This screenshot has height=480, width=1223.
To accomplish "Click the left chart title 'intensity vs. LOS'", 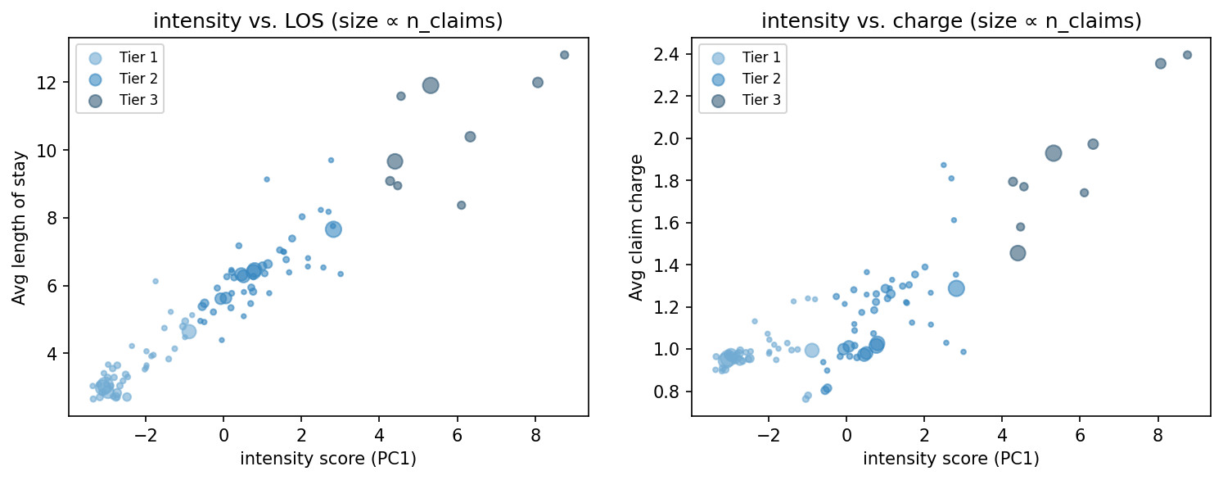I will tap(327, 21).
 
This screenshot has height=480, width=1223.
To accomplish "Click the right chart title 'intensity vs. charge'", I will tap(950, 21).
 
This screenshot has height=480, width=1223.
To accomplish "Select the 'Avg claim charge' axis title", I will tap(636, 227).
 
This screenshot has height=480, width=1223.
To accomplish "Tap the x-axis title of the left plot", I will tap(327, 459).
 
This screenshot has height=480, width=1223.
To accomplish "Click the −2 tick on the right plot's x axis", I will tap(768, 435).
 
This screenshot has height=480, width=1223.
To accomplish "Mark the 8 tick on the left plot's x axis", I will tap(535, 435).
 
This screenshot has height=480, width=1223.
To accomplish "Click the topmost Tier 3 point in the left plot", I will tap(564, 55).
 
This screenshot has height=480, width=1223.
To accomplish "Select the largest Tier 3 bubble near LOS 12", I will tap(431, 85).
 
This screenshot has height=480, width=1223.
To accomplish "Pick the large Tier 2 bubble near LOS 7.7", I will tap(333, 229).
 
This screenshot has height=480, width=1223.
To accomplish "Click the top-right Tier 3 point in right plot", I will tap(1187, 55).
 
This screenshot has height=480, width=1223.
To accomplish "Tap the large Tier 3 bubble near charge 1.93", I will tap(1054, 153).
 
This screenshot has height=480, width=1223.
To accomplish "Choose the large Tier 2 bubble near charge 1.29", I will tap(956, 288).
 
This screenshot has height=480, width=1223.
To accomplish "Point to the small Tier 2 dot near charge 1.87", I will tap(943, 165).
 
